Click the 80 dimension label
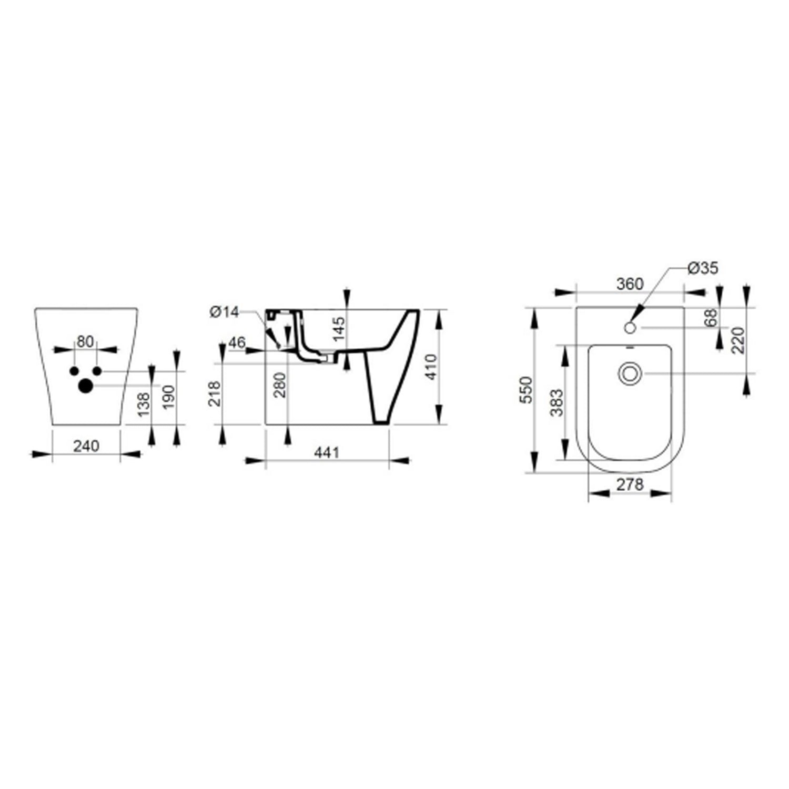85,341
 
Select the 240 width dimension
86,446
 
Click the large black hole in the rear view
85,386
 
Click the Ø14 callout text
224,312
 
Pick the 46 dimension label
237,343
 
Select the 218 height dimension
215,393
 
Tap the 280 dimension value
280,385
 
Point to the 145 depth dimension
339,328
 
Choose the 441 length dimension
327,452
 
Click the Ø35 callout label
703,268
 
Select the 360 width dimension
630,284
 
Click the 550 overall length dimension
526,390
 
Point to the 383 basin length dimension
557,402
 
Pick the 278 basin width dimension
630,484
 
